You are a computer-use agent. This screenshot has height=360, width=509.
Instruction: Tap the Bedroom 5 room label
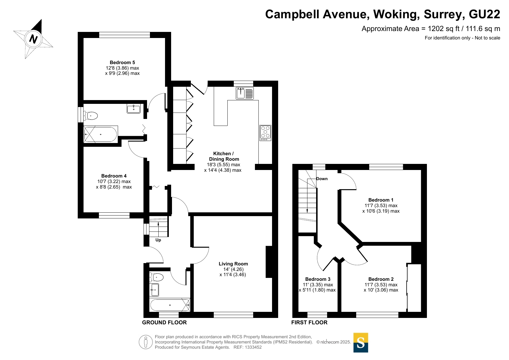point(122,62)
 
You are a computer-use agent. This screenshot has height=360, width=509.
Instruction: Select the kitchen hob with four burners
point(265,133)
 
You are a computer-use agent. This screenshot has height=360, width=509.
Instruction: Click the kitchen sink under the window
point(245,93)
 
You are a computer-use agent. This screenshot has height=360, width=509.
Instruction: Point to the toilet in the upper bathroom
point(90,116)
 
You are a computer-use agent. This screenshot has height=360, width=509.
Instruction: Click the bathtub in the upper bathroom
point(101,134)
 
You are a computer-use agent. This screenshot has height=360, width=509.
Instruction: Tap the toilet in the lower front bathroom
point(156,277)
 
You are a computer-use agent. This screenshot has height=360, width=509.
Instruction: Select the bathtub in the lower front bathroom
point(170,305)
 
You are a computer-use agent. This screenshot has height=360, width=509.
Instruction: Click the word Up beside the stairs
point(158,240)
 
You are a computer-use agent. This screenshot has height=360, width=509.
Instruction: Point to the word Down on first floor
point(322,179)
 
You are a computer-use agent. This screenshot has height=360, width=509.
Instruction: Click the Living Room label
point(233,264)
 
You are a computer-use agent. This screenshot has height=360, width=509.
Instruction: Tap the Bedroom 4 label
point(114,176)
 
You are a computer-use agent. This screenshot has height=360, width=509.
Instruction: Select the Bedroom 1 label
point(381,200)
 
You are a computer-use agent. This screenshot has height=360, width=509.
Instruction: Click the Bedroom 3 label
point(318,279)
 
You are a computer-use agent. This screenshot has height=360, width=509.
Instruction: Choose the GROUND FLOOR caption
point(164,323)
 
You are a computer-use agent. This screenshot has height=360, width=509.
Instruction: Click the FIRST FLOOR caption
point(309,323)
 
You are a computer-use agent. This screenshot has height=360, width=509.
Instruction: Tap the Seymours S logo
point(361,343)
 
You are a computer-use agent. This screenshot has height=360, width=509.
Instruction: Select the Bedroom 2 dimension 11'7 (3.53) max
point(381,285)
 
